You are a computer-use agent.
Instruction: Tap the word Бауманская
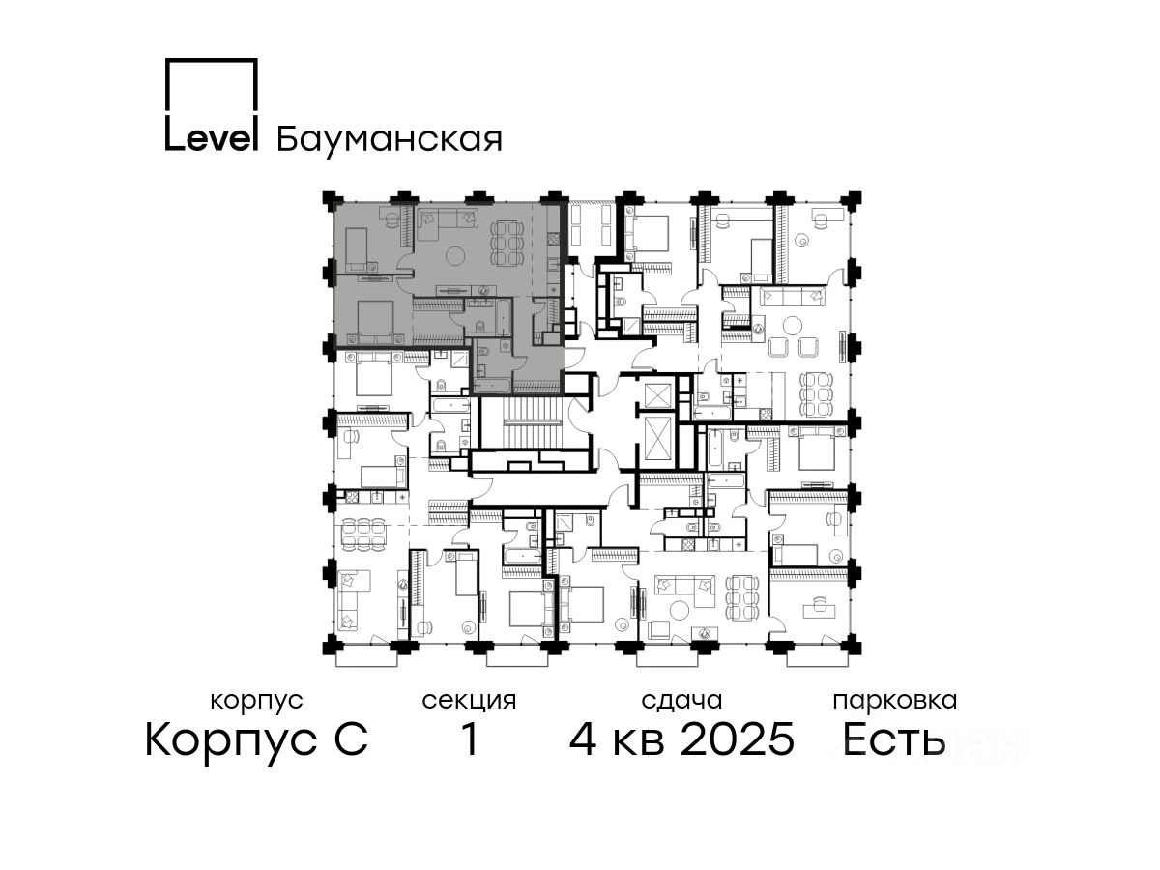tap(390, 140)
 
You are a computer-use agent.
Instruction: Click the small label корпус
tap(256, 701)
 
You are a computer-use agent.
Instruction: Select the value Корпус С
tap(256, 740)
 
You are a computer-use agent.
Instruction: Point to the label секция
tap(469, 701)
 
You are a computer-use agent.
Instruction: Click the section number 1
tap(470, 739)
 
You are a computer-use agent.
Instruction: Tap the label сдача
tap(681, 701)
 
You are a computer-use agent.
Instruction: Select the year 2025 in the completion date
tap(738, 739)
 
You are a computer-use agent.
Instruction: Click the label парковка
tap(895, 701)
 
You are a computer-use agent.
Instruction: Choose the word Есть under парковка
tap(893, 739)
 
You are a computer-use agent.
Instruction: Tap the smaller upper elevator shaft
tap(657, 395)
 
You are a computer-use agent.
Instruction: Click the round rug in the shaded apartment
tap(455, 257)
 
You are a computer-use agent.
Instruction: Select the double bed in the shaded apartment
tap(374, 322)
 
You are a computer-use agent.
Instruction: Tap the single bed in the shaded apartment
tap(356, 248)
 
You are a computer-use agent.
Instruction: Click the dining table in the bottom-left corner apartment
tap(362, 534)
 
